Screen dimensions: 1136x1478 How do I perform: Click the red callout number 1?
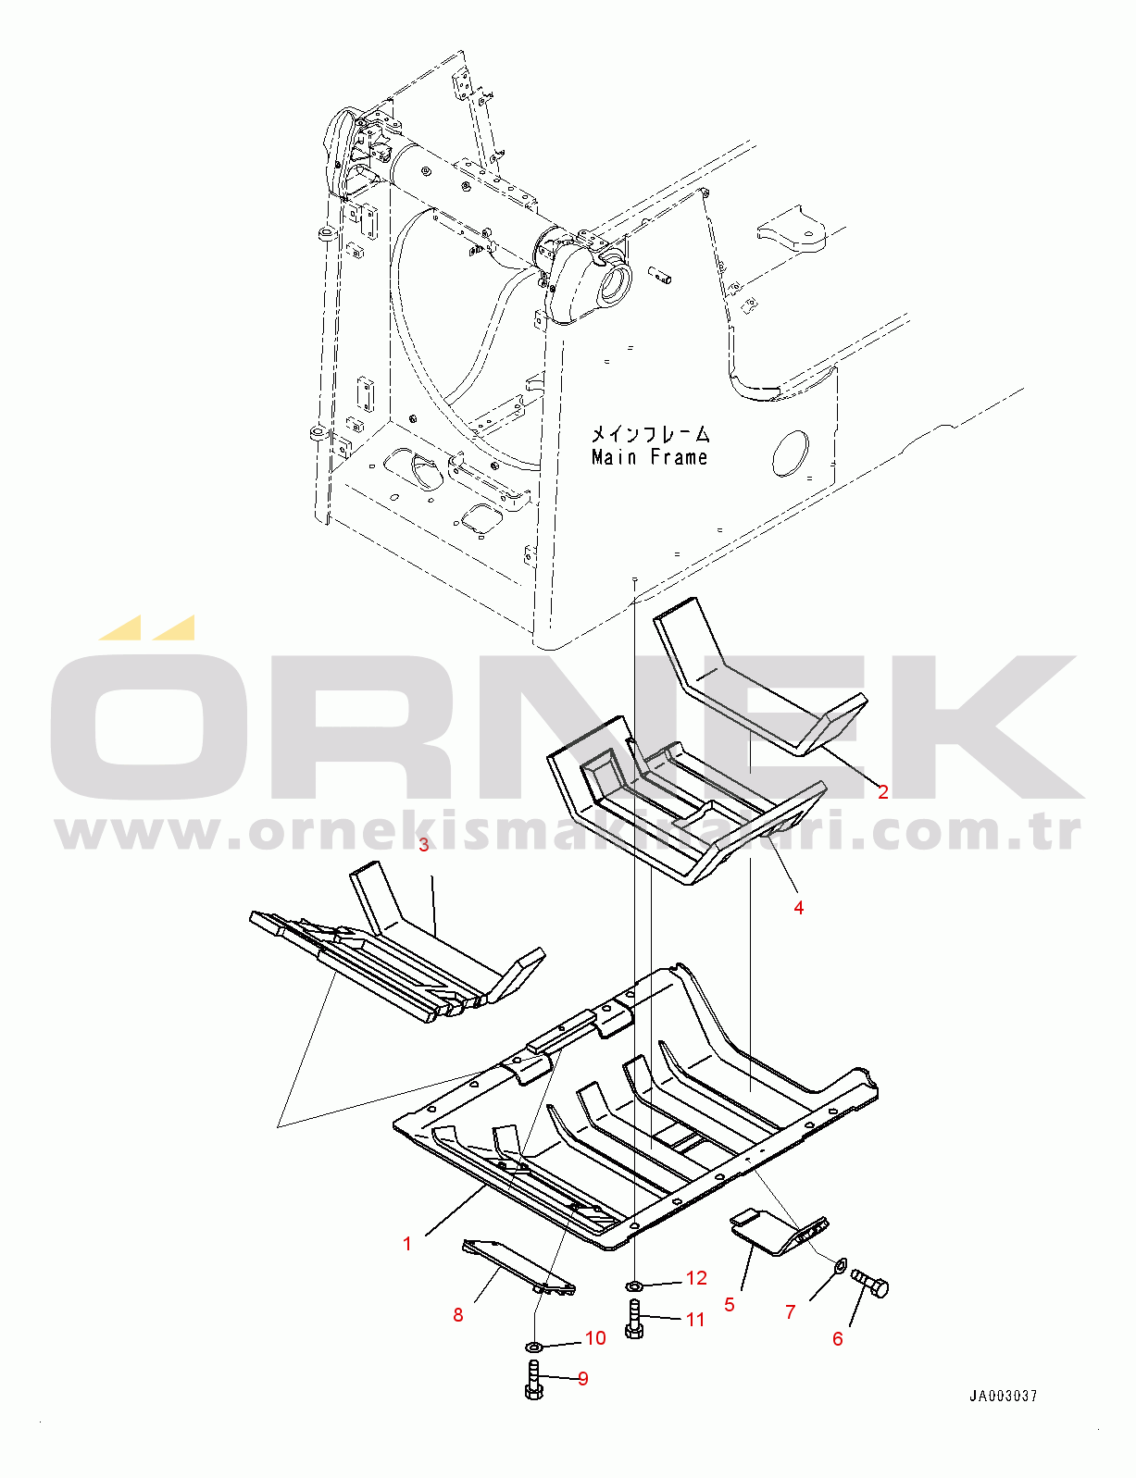tap(406, 1244)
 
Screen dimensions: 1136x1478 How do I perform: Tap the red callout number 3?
tap(424, 845)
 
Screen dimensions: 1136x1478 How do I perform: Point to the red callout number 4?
tap(799, 907)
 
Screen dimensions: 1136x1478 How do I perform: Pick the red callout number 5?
tap(730, 1305)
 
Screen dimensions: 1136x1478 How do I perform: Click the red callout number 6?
tap(837, 1338)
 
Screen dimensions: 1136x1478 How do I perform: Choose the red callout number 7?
tap(790, 1312)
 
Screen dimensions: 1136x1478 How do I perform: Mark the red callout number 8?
tap(457, 1315)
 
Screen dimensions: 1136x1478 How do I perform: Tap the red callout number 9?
tap(582, 1379)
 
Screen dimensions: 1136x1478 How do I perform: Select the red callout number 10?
tap(595, 1338)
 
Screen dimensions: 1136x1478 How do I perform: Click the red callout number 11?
tap(694, 1320)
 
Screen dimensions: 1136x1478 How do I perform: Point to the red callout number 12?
tap(696, 1278)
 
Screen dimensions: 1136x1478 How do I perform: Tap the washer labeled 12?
tap(633, 1285)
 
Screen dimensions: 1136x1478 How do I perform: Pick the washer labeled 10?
tap(533, 1346)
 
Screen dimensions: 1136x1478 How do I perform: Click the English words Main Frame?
tap(650, 457)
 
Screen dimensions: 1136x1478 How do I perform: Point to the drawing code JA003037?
tap(1004, 1396)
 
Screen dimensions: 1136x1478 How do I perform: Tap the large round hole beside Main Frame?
tap(791, 453)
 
